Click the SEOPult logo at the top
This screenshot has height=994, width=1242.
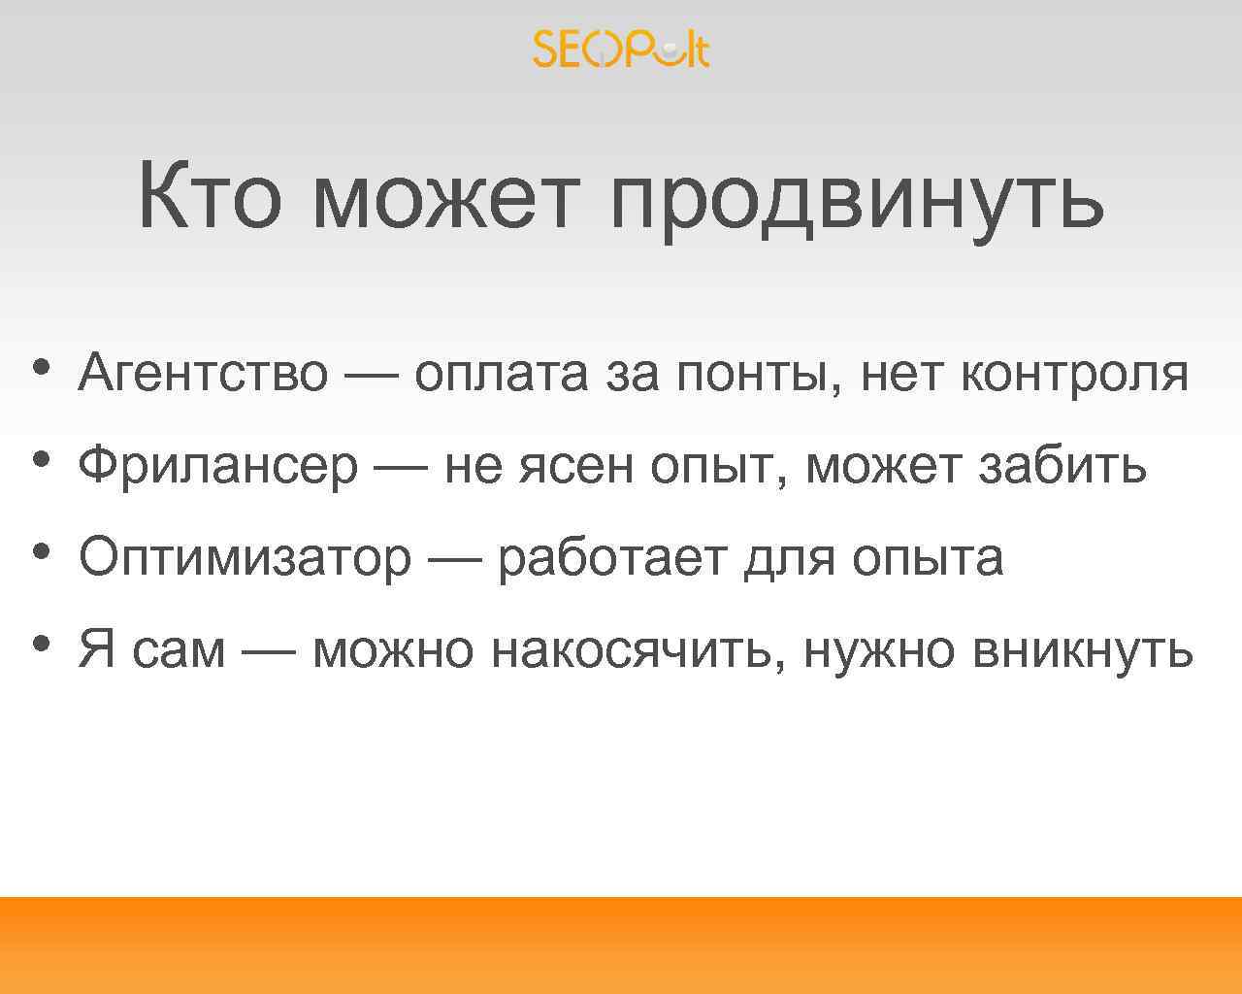pyautogui.click(x=621, y=49)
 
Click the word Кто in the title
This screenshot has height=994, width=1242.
pyautogui.click(x=209, y=197)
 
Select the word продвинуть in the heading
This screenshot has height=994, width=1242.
pyautogui.click(x=857, y=199)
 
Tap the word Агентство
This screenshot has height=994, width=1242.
pyautogui.click(x=204, y=374)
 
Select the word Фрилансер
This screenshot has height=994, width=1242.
pyautogui.click(x=218, y=467)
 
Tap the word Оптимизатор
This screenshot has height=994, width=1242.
pyautogui.click(x=245, y=559)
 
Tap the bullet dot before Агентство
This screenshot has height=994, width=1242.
pyautogui.click(x=40, y=368)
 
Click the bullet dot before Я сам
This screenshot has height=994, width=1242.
pyautogui.click(x=40, y=644)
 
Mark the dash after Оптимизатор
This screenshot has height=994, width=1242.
pyautogui.click(x=454, y=558)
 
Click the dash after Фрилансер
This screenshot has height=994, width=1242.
pyautogui.click(x=401, y=466)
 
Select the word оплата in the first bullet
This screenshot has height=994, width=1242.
pyautogui.click(x=501, y=375)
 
